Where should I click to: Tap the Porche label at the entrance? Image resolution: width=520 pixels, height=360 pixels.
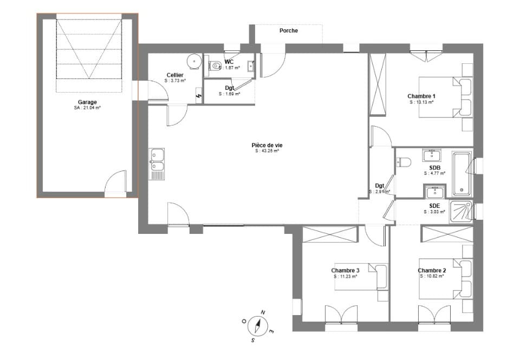[x=288, y=31]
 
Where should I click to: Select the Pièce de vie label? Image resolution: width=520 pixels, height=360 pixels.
[x=267, y=145]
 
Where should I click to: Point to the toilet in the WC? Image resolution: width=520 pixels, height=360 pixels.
[x=215, y=66]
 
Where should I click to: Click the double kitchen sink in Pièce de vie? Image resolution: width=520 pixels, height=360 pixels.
[x=157, y=162]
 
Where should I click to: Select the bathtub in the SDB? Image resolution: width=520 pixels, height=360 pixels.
[x=461, y=174]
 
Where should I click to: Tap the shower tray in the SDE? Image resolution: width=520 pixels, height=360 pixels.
[x=461, y=211]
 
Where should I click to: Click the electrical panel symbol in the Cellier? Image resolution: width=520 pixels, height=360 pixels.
[x=199, y=96]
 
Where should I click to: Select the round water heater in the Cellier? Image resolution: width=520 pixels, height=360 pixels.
[x=193, y=60]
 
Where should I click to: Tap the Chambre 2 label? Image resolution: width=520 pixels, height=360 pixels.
[x=432, y=270]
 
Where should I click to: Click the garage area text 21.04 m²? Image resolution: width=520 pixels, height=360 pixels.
[x=87, y=108]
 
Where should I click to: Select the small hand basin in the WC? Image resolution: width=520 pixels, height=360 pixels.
[x=251, y=67]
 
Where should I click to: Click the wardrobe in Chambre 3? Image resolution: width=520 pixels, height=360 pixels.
[x=330, y=234]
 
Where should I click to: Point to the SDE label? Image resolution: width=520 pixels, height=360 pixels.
[x=434, y=206]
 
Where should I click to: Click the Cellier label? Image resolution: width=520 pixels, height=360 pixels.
[x=175, y=75]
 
